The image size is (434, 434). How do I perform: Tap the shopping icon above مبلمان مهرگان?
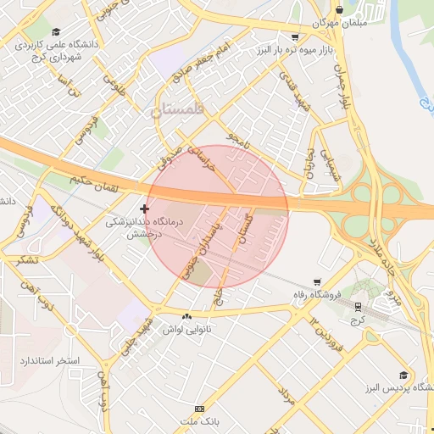tap(339, 10)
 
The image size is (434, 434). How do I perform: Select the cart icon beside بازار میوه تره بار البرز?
tap(294, 37)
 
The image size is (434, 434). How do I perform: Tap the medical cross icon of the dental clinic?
tap(144, 209)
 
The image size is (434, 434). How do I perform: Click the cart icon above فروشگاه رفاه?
tap(317, 282)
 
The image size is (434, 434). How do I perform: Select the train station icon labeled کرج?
tap(358, 307)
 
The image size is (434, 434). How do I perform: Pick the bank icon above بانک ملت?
tap(199, 408)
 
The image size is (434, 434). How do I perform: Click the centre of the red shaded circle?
tap(219, 215)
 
